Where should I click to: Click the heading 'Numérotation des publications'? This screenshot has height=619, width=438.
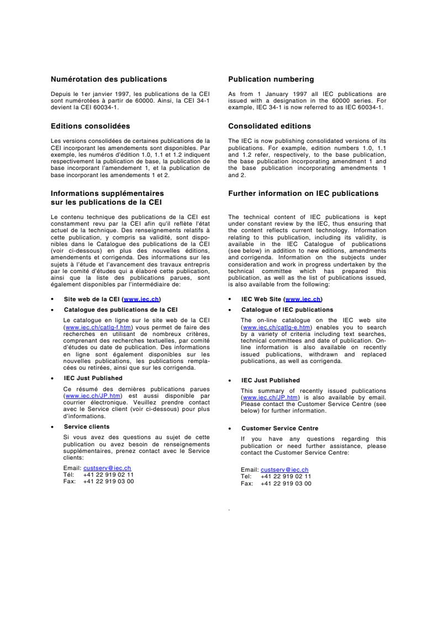coord(109,79)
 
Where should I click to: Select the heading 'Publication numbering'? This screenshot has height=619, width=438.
coord(271,79)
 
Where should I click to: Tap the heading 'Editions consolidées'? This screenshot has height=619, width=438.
coord(90,126)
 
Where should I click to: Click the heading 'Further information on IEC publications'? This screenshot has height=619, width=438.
coord(303,194)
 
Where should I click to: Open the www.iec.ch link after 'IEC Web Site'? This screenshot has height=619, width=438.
coord(303,299)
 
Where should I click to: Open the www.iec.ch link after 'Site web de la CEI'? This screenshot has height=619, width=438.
coord(141,299)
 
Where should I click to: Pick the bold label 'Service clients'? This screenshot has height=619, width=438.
coord(86,427)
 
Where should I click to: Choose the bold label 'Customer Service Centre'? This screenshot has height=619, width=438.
coord(279,428)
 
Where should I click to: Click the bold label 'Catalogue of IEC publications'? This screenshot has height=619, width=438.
coord(287,310)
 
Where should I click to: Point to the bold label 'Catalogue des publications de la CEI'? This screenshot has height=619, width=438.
coord(120,310)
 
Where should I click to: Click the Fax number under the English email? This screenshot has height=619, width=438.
coord(286,483)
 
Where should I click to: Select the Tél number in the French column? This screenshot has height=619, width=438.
coord(108,474)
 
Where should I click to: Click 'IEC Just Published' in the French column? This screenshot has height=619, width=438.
coord(93,378)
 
